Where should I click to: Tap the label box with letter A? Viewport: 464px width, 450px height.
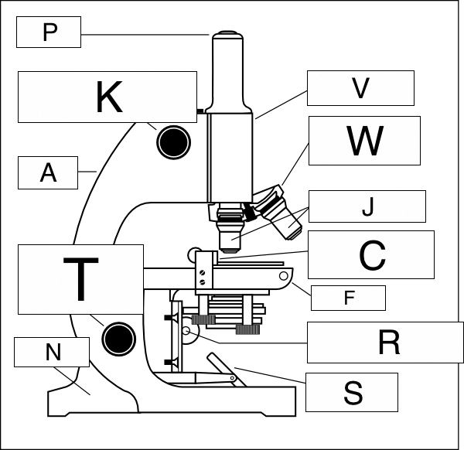(48, 172)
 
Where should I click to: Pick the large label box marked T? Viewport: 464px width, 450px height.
(80, 279)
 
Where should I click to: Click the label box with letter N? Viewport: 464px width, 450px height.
(53, 353)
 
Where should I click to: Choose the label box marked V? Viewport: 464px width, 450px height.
(360, 88)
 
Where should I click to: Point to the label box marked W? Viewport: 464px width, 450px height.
(363, 141)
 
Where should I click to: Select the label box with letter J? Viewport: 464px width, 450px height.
(367, 206)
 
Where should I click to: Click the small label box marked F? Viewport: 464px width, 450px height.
(347, 297)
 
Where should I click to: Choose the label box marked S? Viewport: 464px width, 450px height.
(352, 392)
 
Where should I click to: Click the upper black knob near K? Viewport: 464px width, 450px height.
(173, 141)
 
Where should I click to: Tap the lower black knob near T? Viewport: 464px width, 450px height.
(118, 337)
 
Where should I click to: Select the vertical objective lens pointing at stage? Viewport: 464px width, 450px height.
(230, 232)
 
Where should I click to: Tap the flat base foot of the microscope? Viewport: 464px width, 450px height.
(170, 402)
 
